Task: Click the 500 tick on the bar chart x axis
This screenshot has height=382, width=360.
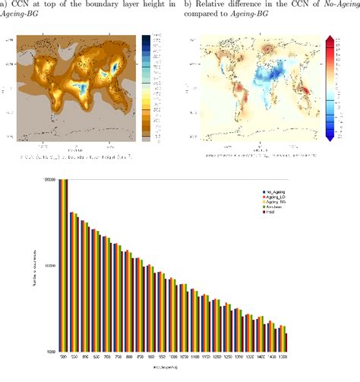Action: click(x=63, y=357)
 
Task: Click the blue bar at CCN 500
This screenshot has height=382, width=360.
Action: click(x=60, y=266)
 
